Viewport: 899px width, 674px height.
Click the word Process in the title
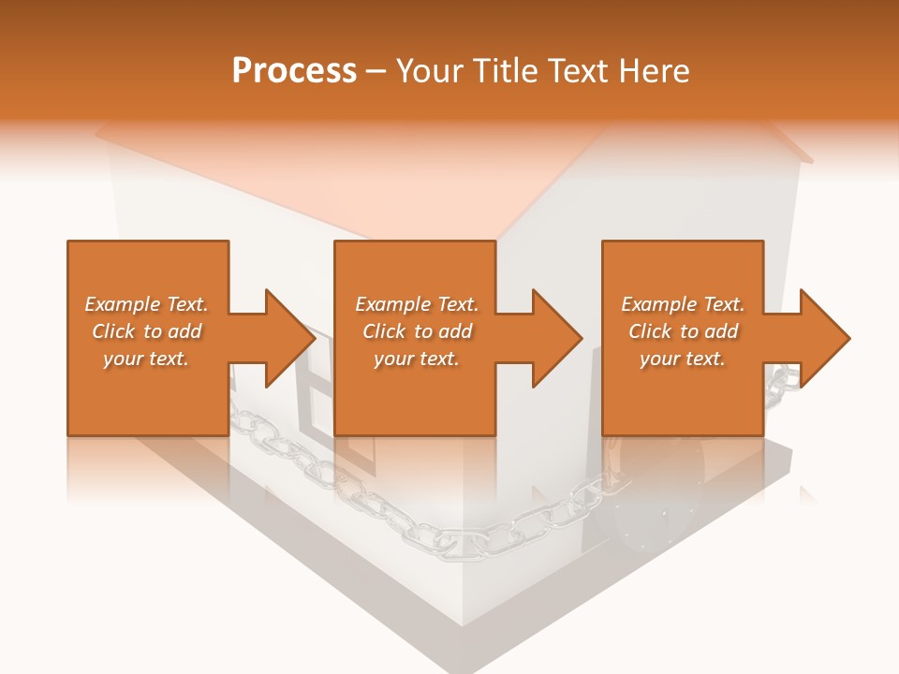click(294, 70)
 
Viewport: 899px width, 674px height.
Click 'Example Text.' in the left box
click(146, 304)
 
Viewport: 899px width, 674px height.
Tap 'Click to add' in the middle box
click(417, 331)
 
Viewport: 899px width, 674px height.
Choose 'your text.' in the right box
click(683, 359)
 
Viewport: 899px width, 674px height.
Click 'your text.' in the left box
click(146, 359)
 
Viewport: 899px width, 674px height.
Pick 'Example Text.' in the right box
click(683, 304)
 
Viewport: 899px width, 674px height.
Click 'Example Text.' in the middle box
click(417, 304)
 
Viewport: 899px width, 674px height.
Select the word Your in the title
click(432, 70)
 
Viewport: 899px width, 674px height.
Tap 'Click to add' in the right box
click(683, 331)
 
